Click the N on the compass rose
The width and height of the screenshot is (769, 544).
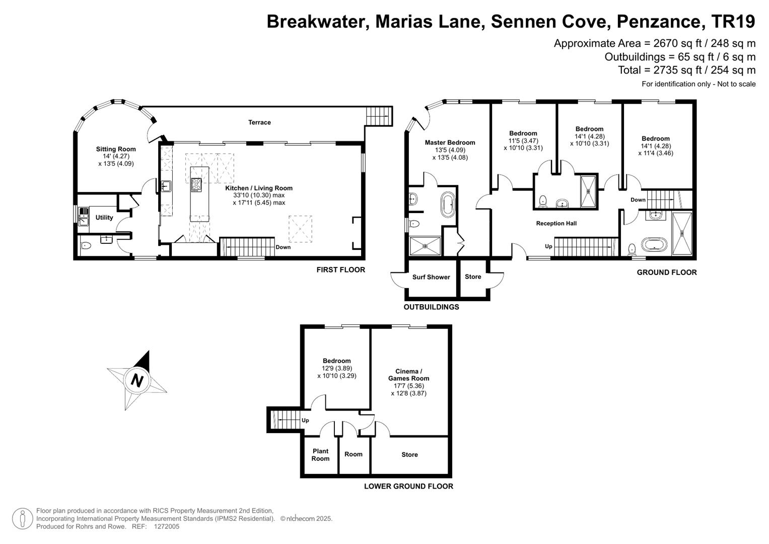[137, 380]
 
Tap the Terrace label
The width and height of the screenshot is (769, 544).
[259, 122]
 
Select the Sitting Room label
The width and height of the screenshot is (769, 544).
[116, 149]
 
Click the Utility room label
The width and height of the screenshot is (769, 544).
[104, 218]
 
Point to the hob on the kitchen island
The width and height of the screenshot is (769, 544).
[196, 185]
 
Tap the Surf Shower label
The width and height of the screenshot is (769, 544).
[431, 277]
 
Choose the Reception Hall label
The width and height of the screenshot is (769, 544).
[556, 223]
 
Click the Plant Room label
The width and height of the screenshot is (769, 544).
[320, 455]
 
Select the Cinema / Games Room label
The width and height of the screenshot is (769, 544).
[408, 375]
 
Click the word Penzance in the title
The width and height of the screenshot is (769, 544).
[659, 21]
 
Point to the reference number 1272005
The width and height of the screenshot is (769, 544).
[167, 526]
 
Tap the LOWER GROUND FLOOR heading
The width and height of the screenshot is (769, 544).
[408, 486]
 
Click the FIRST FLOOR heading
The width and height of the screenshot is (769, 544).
[341, 270]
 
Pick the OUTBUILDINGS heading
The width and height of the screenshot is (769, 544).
[431, 307]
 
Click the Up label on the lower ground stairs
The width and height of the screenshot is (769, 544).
[305, 421]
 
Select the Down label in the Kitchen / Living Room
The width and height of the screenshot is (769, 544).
[283, 247]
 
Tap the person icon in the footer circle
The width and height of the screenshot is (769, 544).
[23, 519]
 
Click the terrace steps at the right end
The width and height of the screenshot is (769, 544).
[379, 116]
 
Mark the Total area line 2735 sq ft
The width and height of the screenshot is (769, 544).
[686, 70]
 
